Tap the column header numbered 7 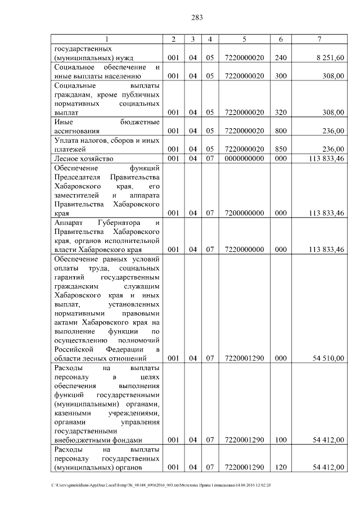pyautogui.click(x=319, y=39)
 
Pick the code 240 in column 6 pyautogui.click(x=281, y=58)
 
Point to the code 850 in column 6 pyautogui.click(x=281, y=149)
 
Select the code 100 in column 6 pyautogui.click(x=281, y=439)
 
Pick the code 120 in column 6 pyautogui.click(x=281, y=467)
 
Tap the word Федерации pyautogui.click(x=127, y=349)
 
